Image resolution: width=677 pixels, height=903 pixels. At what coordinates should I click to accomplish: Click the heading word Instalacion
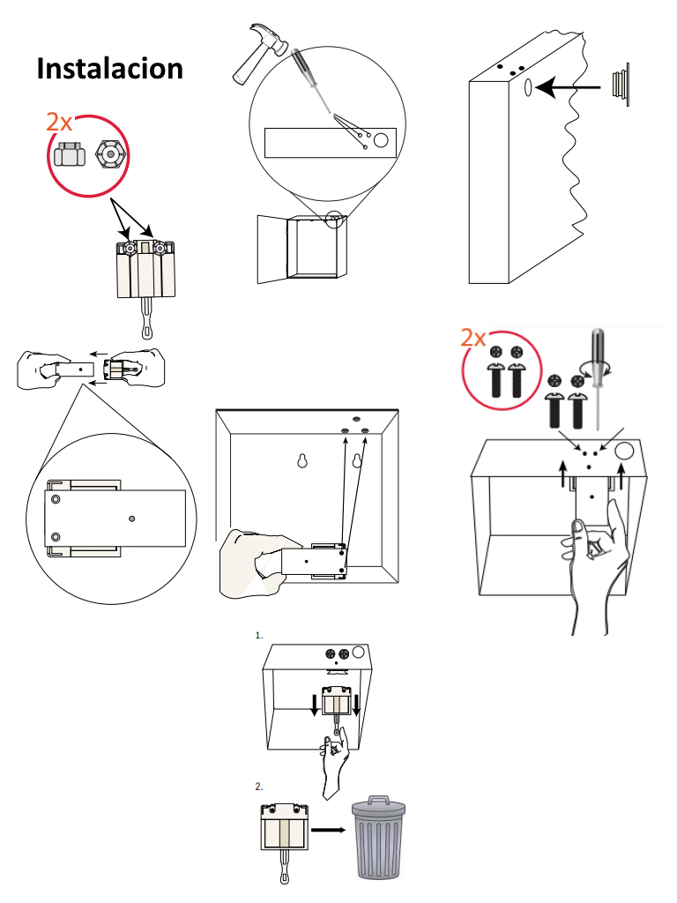pyautogui.click(x=110, y=68)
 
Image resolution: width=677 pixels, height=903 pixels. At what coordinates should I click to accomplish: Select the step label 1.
pyautogui.click(x=258, y=635)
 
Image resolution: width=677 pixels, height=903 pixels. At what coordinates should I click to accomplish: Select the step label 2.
pyautogui.click(x=258, y=785)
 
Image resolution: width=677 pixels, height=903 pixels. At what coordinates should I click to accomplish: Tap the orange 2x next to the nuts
pyautogui.click(x=60, y=123)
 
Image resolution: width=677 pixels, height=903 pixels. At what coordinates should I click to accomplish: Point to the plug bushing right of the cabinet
pyautogui.click(x=621, y=85)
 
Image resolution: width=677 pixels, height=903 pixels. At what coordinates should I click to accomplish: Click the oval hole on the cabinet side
pyautogui.click(x=527, y=87)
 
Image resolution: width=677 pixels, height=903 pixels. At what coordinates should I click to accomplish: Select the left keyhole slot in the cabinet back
pyautogui.click(x=302, y=461)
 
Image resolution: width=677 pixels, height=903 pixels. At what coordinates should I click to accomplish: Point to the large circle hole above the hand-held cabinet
pyautogui.click(x=626, y=451)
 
